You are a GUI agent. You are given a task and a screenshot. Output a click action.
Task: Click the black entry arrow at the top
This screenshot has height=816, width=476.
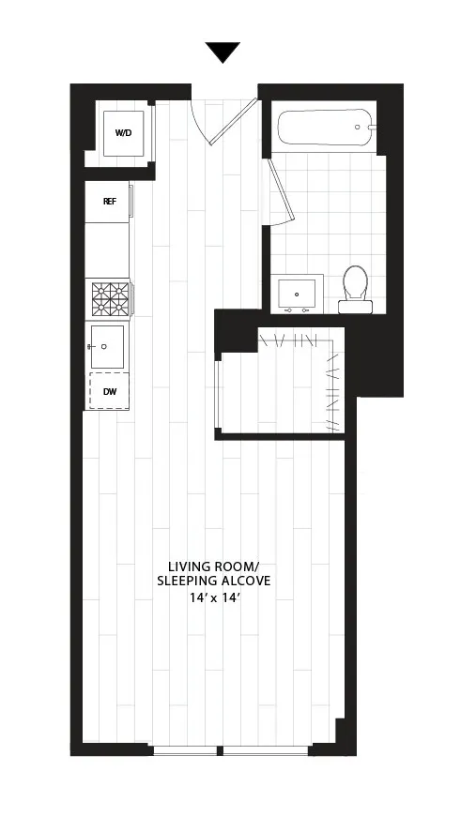pyautogui.click(x=223, y=53)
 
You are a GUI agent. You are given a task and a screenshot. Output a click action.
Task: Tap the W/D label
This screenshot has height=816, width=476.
pyautogui.click(x=124, y=134)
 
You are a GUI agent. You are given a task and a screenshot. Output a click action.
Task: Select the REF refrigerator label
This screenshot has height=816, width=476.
pyautogui.click(x=109, y=201)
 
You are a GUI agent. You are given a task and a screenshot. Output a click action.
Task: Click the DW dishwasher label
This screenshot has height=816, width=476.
pyautogui.click(x=109, y=390)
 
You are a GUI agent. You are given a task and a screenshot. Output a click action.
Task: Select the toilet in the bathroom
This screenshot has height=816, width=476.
pyautogui.click(x=355, y=285)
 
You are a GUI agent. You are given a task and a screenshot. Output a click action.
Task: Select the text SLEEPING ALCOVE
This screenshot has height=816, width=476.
pyautogui.click(x=213, y=582)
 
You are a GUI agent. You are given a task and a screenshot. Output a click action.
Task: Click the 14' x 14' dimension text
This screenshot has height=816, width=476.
pyautogui.click(x=214, y=598)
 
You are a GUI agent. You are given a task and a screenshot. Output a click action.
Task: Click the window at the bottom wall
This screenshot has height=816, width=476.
pyautogui.click(x=231, y=749)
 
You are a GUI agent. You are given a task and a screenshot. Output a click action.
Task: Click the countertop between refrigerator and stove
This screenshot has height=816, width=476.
pyautogui.click(x=108, y=249)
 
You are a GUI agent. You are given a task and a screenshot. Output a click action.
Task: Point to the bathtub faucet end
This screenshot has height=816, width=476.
pyautogui.click(x=363, y=127)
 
